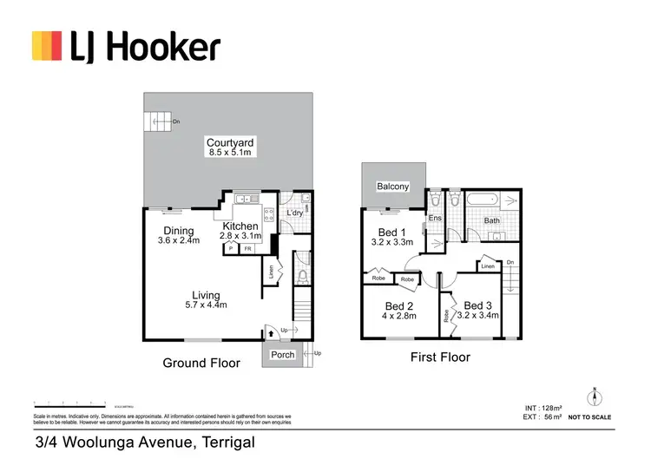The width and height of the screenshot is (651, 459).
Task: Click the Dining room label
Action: [178, 230]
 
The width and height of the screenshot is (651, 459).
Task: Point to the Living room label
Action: [207, 295]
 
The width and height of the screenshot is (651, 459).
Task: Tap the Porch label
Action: [283, 354]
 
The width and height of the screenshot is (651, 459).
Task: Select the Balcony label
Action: [392, 187]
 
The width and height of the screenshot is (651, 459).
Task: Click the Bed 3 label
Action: [478, 305]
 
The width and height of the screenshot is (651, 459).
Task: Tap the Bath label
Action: [491, 220]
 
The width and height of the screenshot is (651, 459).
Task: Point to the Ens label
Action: [435, 218]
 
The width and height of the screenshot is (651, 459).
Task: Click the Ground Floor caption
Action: [201, 364]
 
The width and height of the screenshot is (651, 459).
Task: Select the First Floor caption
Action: [439, 357]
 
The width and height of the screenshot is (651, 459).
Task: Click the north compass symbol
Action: [594, 398]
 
